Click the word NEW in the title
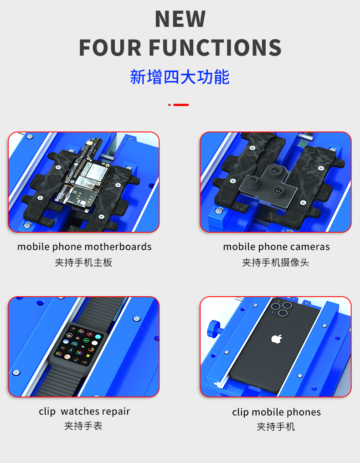pos(180,19)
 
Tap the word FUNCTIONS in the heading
pos(215,47)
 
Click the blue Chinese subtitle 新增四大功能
pos(180,77)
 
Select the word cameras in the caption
pos(310,247)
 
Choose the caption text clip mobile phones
pos(277,412)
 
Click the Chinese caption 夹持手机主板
pos(83,262)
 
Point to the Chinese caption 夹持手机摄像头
pos(276,262)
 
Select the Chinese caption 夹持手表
pos(83,426)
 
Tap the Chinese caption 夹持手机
pos(276,427)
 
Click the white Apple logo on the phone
pos(277,339)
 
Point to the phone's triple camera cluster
pos(282,308)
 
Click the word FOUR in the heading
pos(110,47)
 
